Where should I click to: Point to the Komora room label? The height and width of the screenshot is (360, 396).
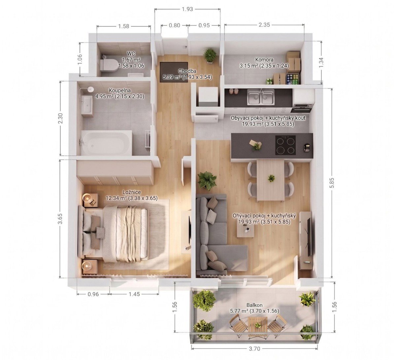click(x=264, y=60)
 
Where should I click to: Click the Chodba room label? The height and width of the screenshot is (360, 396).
click(x=187, y=71)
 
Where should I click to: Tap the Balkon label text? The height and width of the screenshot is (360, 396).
click(x=254, y=305)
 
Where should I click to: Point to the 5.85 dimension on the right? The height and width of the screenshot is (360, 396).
click(x=332, y=183)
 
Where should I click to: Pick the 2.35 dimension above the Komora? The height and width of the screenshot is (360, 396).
click(x=264, y=25)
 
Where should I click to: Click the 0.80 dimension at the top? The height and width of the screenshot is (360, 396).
click(x=175, y=25)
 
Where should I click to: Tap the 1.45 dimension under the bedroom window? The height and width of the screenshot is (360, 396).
click(x=134, y=294)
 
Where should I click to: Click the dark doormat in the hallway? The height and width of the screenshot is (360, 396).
click(x=174, y=72)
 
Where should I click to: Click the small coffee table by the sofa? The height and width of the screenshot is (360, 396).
click(x=246, y=230)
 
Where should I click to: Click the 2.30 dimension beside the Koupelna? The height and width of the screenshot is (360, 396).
click(x=61, y=118)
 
